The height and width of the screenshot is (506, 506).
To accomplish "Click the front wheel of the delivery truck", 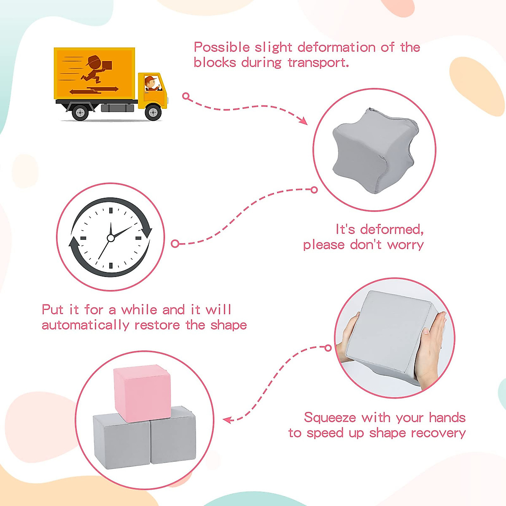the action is pyautogui.click(x=153, y=113).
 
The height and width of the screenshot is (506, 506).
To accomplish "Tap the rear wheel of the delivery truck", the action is pyautogui.click(x=80, y=113).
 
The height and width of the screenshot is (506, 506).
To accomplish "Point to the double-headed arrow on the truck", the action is pyautogui.click(x=94, y=90).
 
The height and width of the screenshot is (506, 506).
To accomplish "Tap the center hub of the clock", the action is pyautogui.click(x=111, y=238).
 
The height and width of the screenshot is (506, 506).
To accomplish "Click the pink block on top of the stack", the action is pyautogui.click(x=142, y=393).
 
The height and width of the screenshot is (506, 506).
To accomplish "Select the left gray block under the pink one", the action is pyautogui.click(x=121, y=441).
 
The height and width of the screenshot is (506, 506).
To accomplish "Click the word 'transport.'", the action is pyautogui.click(x=318, y=62).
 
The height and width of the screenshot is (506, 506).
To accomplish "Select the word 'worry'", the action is pyautogui.click(x=405, y=245).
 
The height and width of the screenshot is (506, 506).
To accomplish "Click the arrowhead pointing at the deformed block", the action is pyautogui.click(x=303, y=121).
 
